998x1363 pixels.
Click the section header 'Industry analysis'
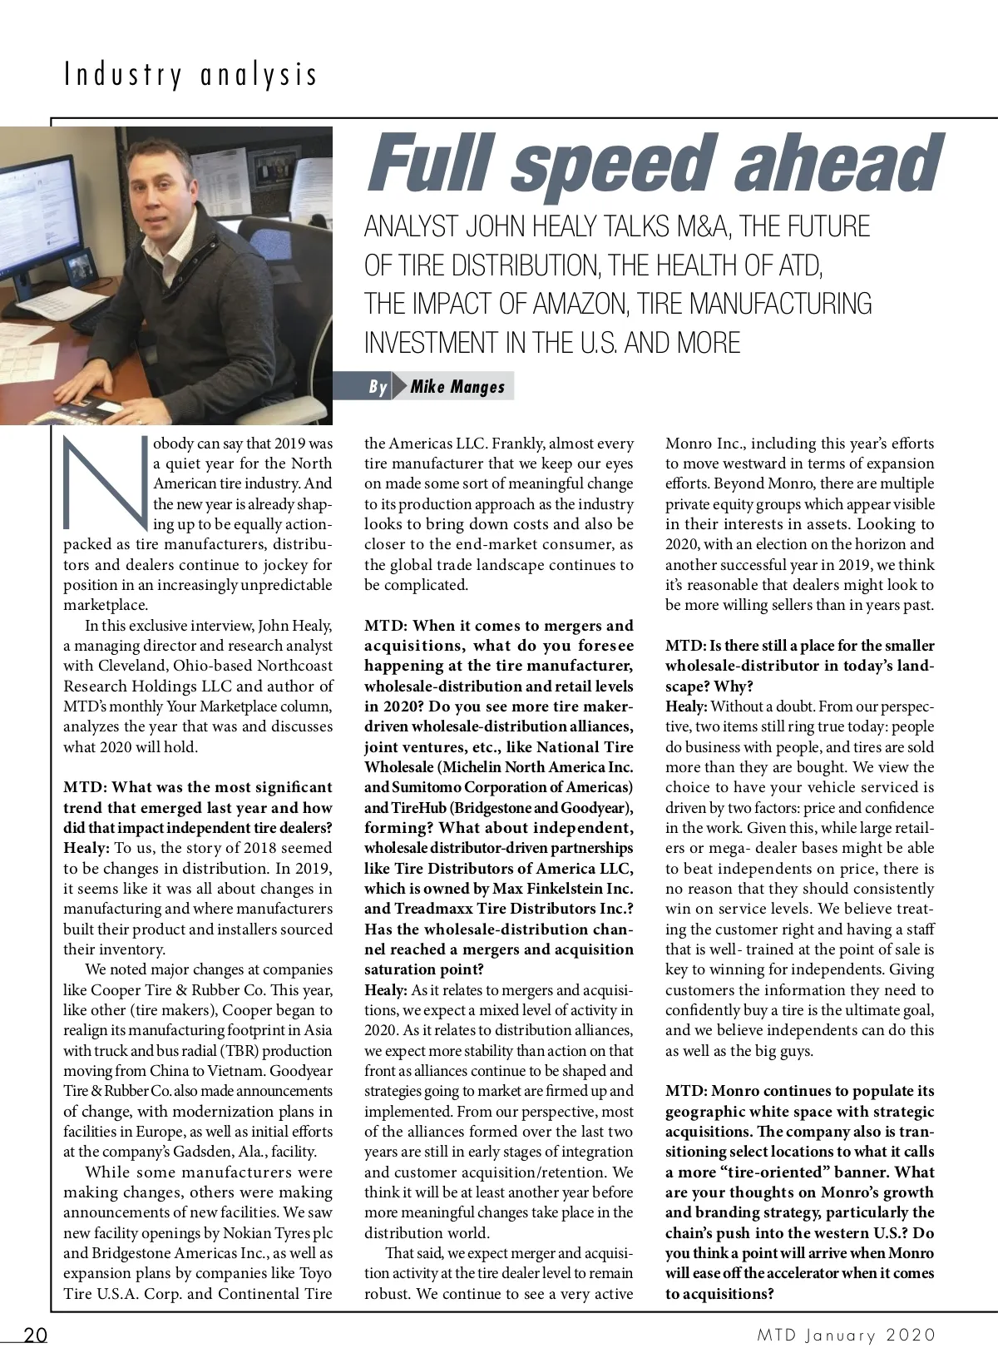click(x=190, y=76)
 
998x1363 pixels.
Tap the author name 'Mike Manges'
click(x=457, y=387)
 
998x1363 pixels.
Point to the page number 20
click(x=35, y=1336)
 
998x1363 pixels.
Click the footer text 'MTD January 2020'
click(x=847, y=1336)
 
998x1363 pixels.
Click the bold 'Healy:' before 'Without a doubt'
click(x=686, y=706)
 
